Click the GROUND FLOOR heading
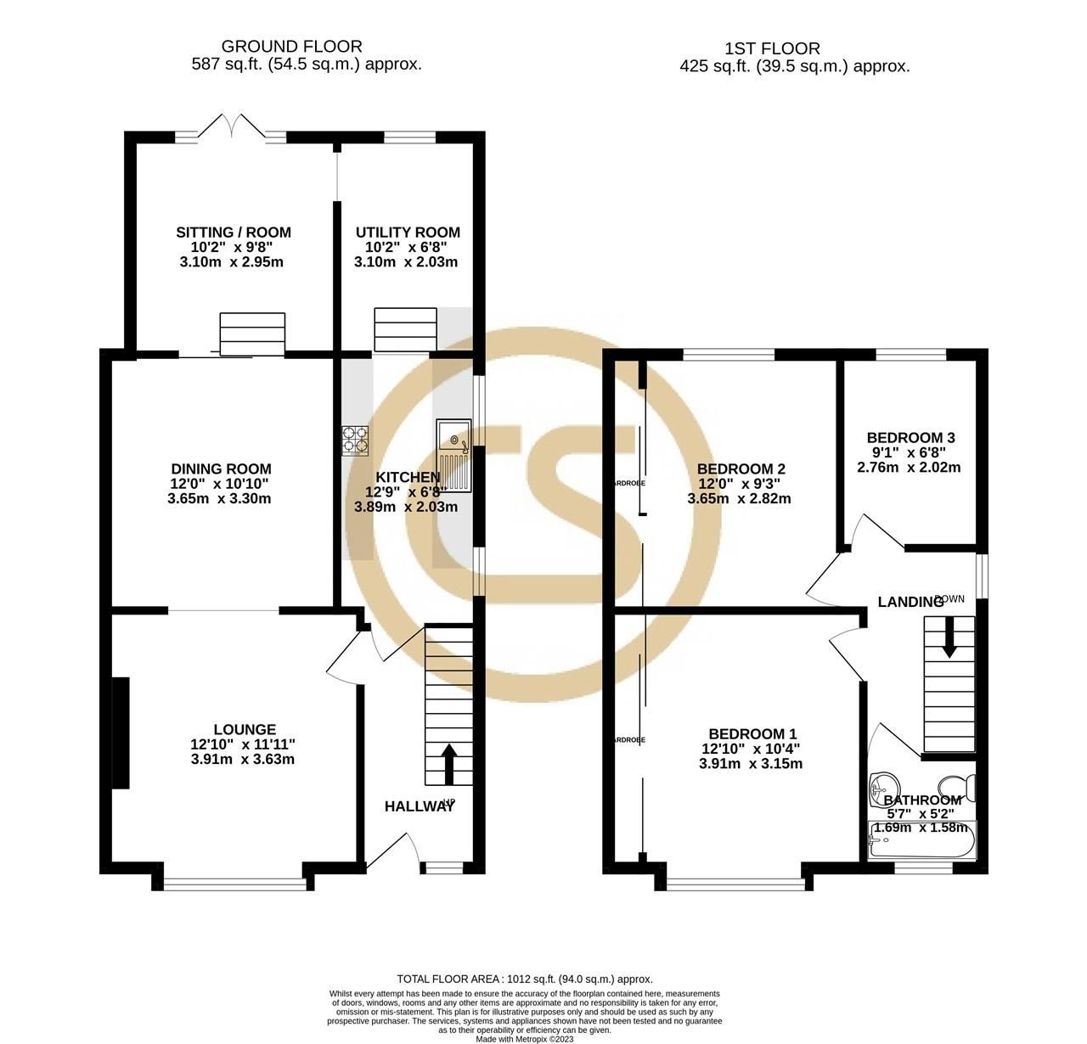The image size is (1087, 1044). pyautogui.click(x=291, y=47)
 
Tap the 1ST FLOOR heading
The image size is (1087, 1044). pyautogui.click(x=772, y=48)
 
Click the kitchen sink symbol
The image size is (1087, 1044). pyautogui.click(x=453, y=455)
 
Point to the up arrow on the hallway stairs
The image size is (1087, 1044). pyautogui.click(x=448, y=762)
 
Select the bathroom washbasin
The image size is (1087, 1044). pyautogui.click(x=884, y=789)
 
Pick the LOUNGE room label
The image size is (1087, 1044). pyautogui.click(x=245, y=729)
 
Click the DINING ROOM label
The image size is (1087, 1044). pyautogui.click(x=221, y=469)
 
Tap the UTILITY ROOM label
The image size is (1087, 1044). pyautogui.click(x=408, y=233)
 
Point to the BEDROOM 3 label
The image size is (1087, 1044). pyautogui.click(x=911, y=438)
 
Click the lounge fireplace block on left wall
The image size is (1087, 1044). pyautogui.click(x=121, y=732)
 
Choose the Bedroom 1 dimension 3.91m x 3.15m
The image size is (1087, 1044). pyautogui.click(x=751, y=764)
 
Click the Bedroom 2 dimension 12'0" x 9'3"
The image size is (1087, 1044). pyautogui.click(x=739, y=484)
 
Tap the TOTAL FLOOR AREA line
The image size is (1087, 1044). pyautogui.click(x=524, y=979)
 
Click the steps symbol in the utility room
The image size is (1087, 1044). pyautogui.click(x=406, y=329)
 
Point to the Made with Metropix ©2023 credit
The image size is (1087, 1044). pyautogui.click(x=524, y=1038)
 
